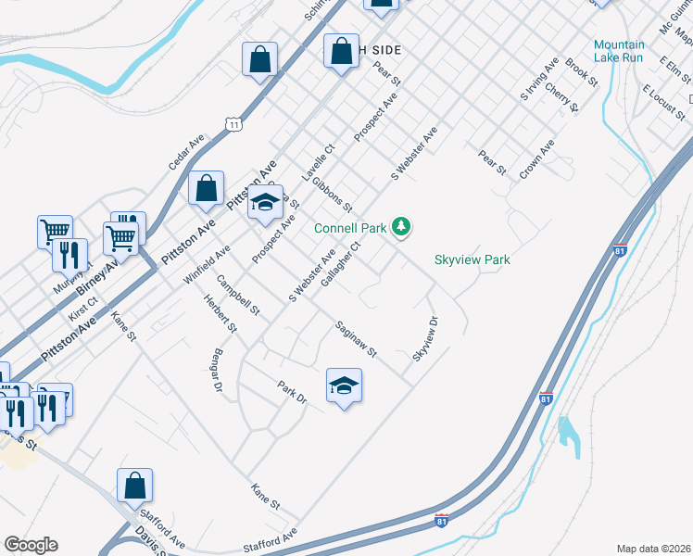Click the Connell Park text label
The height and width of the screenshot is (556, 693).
tap(351, 228)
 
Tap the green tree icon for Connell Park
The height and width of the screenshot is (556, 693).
tap(401, 225)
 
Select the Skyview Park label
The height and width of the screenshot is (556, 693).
tap(472, 260)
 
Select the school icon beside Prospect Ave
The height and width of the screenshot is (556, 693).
tap(265, 203)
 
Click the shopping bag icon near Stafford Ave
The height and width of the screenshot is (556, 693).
tap(134, 485)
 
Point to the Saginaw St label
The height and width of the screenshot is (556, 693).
tap(356, 339)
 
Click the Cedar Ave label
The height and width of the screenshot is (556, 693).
tap(185, 152)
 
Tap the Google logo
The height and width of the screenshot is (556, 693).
tap(31, 545)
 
